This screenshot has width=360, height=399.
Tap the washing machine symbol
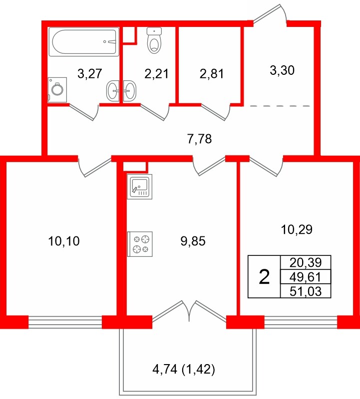[x=57, y=90]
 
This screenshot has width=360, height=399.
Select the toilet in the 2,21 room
[x=155, y=40]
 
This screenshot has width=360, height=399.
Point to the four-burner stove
[x=140, y=243]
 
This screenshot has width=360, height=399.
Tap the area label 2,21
[x=156, y=74]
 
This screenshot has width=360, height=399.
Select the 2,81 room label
[x=211, y=74]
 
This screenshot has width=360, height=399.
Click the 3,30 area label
[x=282, y=70]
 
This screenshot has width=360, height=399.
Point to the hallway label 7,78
[x=200, y=139]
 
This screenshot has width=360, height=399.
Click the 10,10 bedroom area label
[x=64, y=242]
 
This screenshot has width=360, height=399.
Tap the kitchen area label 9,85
[x=193, y=242]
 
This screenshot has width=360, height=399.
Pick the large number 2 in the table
[x=265, y=276]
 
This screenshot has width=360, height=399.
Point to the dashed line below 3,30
[x=280, y=106]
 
